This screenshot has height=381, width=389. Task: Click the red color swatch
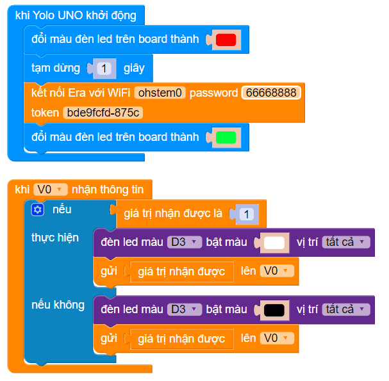tap(226, 40)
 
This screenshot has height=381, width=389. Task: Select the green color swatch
tap(226, 137)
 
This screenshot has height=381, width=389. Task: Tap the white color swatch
tap(274, 243)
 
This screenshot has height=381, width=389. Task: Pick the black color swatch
tap(274, 310)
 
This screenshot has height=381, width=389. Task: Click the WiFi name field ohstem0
tap(160, 93)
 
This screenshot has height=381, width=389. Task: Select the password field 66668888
tap(271, 93)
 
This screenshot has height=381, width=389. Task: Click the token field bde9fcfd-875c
tap(103, 113)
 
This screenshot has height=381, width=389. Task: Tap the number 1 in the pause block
tap(105, 68)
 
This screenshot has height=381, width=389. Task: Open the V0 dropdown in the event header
tap(50, 189)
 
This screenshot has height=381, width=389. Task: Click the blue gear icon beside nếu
tap(37, 209)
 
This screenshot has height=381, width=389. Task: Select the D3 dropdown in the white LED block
tap(185, 242)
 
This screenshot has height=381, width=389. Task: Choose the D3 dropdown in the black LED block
tap(185, 309)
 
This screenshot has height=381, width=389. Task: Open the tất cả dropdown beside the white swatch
tap(346, 242)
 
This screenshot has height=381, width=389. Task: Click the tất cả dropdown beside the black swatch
tap(346, 309)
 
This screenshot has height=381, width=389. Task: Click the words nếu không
tap(58, 305)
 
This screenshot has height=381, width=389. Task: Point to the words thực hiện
tap(55, 238)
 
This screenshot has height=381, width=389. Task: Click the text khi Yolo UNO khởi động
tap(76, 14)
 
